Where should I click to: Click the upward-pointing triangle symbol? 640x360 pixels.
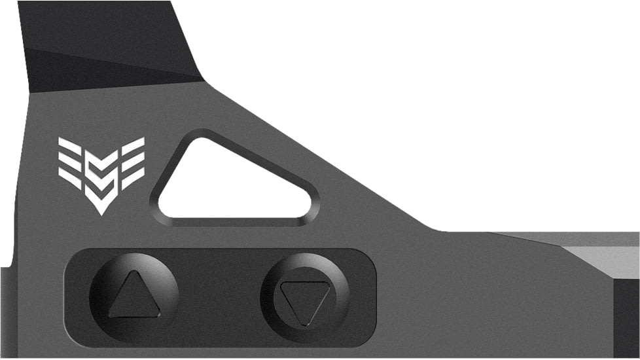pyautogui.click(x=134, y=296)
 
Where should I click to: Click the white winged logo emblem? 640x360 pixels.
pyautogui.click(x=101, y=173)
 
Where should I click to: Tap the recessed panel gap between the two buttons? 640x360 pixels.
pyautogui.click(x=219, y=298)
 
